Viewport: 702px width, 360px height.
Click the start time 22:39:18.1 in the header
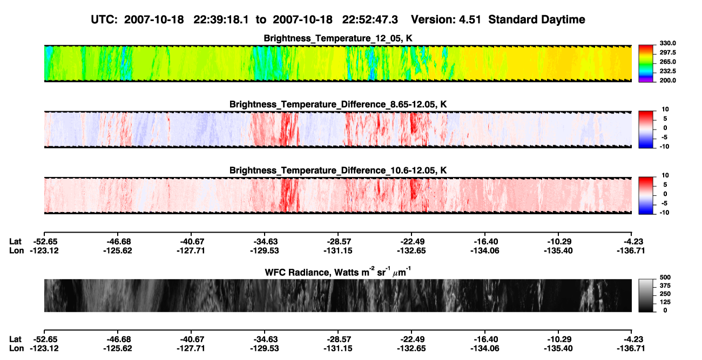coord(221,20)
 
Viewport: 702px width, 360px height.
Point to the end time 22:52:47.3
coord(370,20)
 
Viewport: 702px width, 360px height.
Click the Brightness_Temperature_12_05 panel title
coord(338,38)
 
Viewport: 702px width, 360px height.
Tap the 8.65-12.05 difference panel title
coord(338,104)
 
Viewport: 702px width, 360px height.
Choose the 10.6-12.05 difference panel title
coord(338,171)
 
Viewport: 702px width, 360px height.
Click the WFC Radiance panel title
coord(338,271)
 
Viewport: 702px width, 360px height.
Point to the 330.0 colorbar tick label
coord(667,43)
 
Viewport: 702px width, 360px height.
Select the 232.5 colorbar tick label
coord(667,71)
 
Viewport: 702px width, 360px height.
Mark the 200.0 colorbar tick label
coord(667,80)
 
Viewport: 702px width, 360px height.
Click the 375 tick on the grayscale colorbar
coord(665,286)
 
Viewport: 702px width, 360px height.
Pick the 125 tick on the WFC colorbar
coord(665,302)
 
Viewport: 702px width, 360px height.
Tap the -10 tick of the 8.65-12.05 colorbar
coord(664,147)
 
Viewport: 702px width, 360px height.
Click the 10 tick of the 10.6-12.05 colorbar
coord(665,175)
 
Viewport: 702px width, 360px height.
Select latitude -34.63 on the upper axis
coord(265,242)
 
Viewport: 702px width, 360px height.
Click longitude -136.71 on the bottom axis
coord(631,349)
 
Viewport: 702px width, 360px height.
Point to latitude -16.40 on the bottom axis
coord(485,339)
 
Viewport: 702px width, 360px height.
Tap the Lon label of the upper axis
coord(16,251)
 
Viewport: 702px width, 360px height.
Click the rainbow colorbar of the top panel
coord(646,64)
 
